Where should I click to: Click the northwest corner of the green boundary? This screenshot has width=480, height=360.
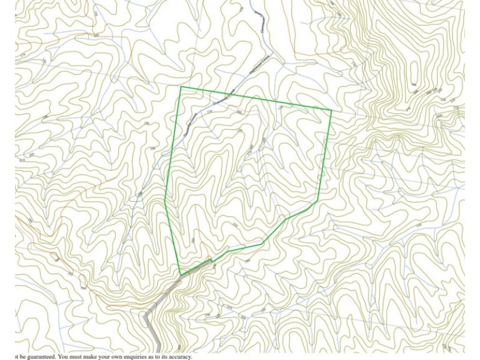coord(181,87)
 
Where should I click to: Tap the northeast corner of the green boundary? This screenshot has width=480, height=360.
coord(332,110)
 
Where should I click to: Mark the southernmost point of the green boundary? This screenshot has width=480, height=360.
coord(181,275)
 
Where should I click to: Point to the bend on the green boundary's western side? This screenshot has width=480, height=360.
coord(165,201)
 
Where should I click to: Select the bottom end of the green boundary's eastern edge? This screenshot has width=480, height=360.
coord(317,201)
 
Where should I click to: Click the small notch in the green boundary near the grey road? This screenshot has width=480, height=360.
coord(211,260)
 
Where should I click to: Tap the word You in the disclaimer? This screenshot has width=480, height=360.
coord(65,356)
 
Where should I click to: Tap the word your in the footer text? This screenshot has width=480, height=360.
coord(111,356)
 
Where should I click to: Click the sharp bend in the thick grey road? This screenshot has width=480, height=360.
coord(147,313)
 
